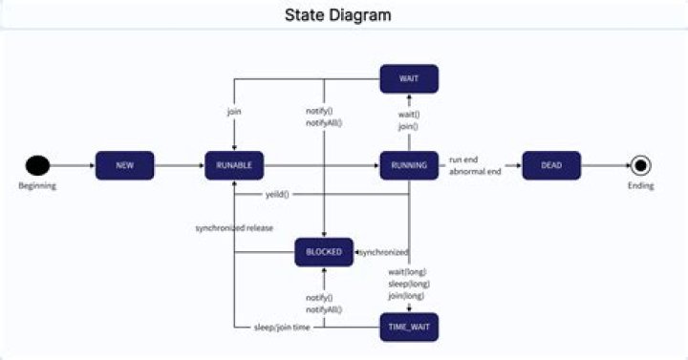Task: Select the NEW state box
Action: pyautogui.click(x=124, y=165)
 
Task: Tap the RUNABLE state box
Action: pyautogui.click(x=234, y=165)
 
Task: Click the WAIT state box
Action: pyautogui.click(x=409, y=78)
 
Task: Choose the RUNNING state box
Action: pyautogui.click(x=409, y=165)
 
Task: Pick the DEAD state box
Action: pyautogui.click(x=551, y=165)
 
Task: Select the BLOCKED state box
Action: pyautogui.click(x=324, y=252)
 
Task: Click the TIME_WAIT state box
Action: pyautogui.click(x=409, y=327)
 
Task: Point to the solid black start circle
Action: pyautogui.click(x=37, y=165)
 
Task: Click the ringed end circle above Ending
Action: pyautogui.click(x=640, y=165)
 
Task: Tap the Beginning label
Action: pyautogui.click(x=37, y=186)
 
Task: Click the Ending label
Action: pyautogui.click(x=640, y=186)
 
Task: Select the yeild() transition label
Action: pyautogui.click(x=277, y=195)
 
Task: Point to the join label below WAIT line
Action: pyautogui.click(x=234, y=112)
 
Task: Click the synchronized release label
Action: pyautogui.click(x=234, y=228)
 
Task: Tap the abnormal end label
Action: pyautogui.click(x=475, y=172)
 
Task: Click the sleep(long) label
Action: pyautogui.click(x=409, y=284)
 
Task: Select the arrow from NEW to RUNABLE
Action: pyautogui.click(x=179, y=165)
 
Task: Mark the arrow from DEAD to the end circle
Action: pyautogui.click(x=604, y=165)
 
